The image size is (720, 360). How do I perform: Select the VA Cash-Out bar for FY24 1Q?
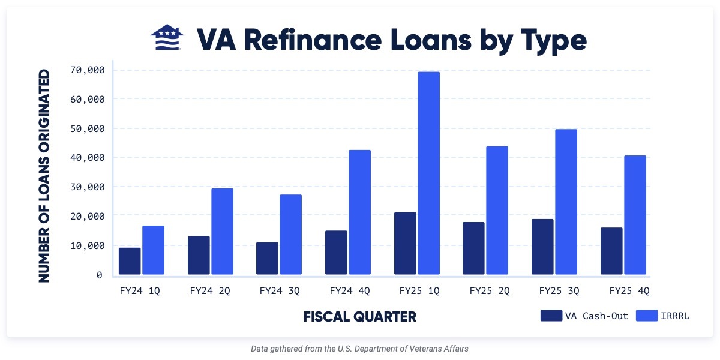click(130, 261)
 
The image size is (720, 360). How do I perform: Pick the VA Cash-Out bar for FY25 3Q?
click(542, 247)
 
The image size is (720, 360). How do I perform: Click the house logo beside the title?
click(167, 39)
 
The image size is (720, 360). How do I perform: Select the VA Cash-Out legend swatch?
click(551, 316)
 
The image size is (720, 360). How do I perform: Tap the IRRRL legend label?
click(676, 316)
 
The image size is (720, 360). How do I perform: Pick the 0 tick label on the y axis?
click(99, 275)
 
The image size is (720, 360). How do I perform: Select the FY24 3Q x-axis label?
click(280, 291)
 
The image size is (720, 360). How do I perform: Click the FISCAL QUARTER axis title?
click(359, 316)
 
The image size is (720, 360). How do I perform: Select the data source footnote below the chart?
click(359, 348)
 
